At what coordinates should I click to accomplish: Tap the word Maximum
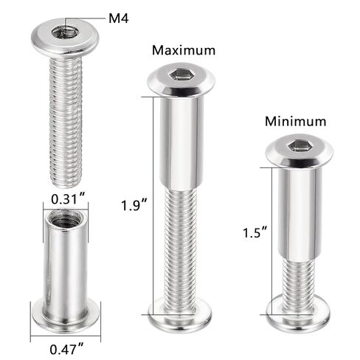[x=184, y=51]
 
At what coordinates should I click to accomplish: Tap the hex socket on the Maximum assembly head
[x=181, y=76]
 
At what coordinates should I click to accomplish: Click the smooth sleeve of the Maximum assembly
[x=181, y=140]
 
